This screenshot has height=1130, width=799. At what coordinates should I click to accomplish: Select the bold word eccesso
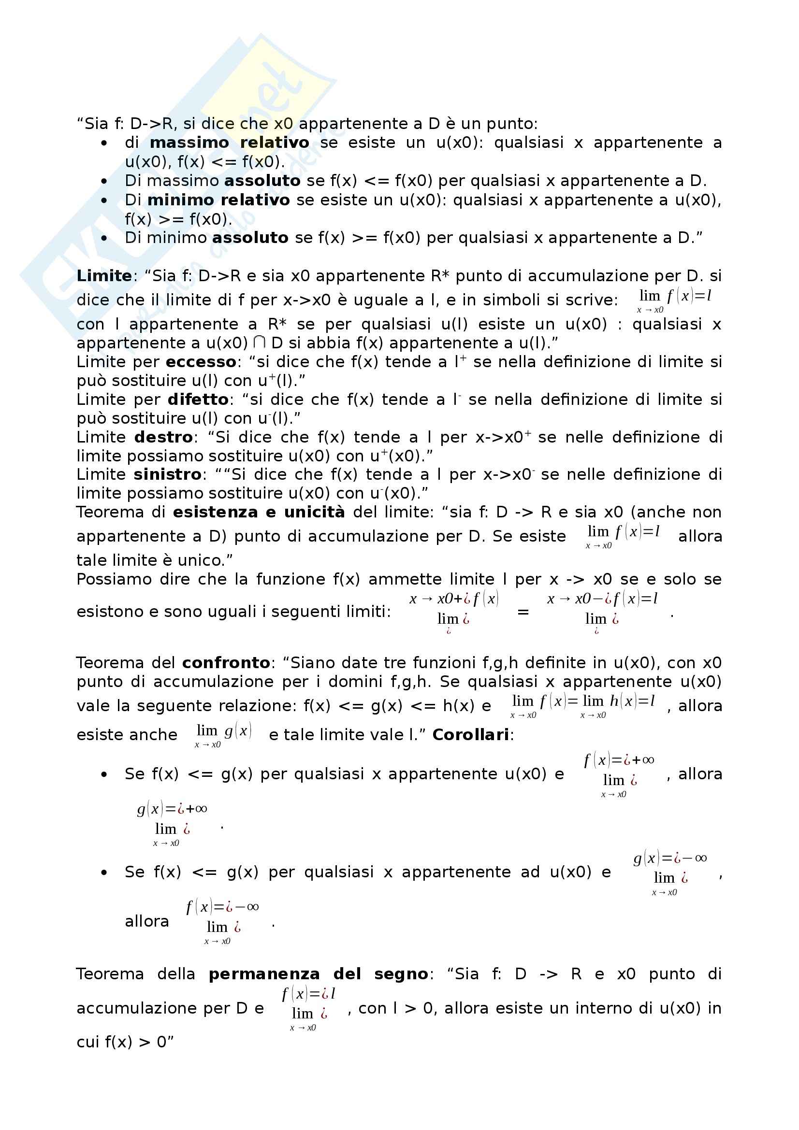tap(201, 362)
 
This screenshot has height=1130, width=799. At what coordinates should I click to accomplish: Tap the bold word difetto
tap(198, 400)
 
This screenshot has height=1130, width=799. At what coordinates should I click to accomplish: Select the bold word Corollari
tap(470, 735)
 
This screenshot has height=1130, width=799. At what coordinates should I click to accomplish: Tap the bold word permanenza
tap(264, 974)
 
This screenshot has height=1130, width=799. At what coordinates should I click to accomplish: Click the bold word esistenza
tap(215, 512)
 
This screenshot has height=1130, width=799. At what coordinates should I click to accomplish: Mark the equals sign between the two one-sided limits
tap(523, 612)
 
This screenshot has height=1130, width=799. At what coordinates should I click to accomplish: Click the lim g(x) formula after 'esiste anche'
tap(223, 735)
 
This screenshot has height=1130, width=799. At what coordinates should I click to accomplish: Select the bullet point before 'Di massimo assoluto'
tap(104, 181)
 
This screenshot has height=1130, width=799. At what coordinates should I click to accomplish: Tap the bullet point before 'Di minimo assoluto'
tap(104, 238)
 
